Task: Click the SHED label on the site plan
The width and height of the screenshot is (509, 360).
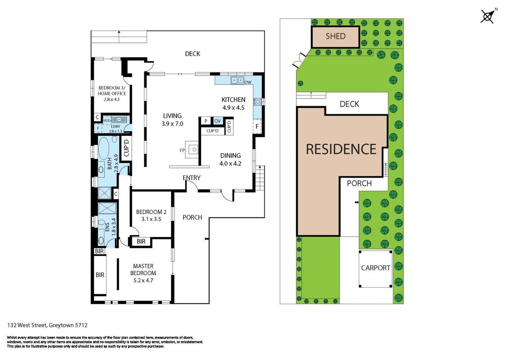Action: coord(335,36)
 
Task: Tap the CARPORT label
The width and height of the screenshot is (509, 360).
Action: coord(375,268)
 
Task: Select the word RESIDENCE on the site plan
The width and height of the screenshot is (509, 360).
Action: coord(341,149)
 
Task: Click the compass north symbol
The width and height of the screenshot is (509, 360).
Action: coord(488,16)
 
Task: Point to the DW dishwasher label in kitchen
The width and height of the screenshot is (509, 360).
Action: coord(248,82)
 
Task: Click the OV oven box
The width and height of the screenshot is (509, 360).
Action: coord(218,121)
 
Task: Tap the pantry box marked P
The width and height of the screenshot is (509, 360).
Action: coord(206,121)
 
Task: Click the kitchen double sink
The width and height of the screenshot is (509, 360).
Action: coord(237,80)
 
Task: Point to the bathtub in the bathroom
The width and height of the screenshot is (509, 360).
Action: coord(105,148)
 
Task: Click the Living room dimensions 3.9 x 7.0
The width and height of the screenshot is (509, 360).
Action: coord(172,124)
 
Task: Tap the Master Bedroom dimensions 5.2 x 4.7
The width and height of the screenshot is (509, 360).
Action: coord(143,280)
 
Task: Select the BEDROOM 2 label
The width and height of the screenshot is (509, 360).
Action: coord(151,212)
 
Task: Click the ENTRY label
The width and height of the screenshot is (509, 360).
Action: coord(192,178)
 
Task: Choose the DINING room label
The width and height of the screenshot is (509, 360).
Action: coord(231,156)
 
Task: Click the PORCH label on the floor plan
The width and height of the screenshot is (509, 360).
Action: coord(192,217)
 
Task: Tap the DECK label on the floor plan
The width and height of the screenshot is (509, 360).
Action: coord(192,54)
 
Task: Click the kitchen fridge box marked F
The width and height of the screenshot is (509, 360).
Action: coord(257,126)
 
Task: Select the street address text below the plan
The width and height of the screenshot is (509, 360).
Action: coord(47,325)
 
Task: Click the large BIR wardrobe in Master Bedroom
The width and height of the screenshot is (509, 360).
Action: coord(100,275)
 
